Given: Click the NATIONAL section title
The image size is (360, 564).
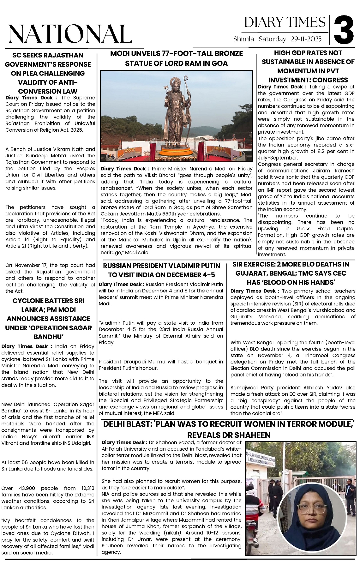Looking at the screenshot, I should tap(70, 34).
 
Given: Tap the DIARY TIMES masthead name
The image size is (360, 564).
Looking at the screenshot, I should tap(285, 22).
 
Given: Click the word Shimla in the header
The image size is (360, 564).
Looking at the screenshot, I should tap(243, 39).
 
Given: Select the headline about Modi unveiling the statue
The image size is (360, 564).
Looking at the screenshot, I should tap(177, 58).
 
